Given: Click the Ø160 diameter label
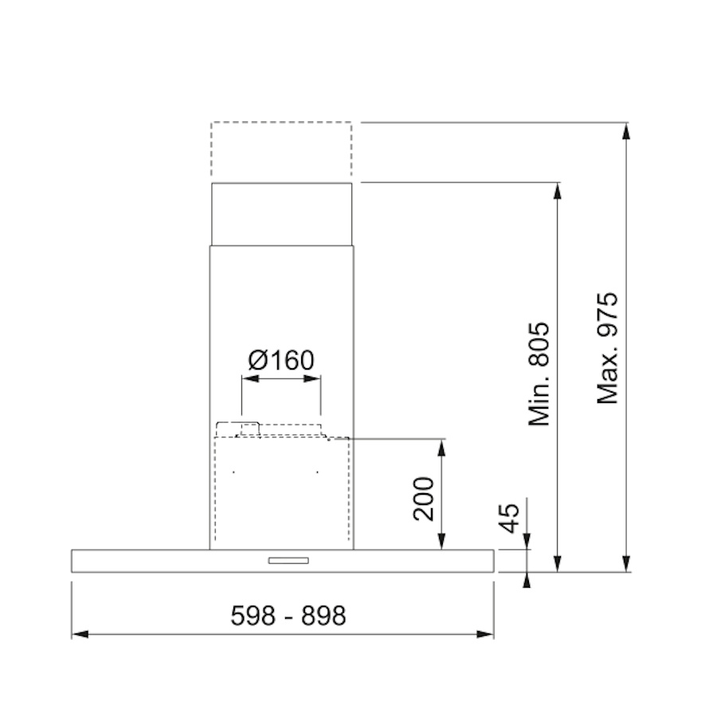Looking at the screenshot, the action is pos(281,360).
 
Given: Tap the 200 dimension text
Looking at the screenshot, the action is pos(424,499).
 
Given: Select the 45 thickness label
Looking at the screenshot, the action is pos(509,518).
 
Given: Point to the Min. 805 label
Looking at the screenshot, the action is pos(539,374).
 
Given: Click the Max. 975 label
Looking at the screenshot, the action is pos(608,348).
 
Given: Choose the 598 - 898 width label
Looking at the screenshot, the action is pos(288,616).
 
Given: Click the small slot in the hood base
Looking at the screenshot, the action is pos(288,561).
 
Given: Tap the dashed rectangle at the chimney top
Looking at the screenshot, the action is pos(281,149).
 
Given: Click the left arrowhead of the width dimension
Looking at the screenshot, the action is pos(80,634).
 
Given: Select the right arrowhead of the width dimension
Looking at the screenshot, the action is pos(485,634).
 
